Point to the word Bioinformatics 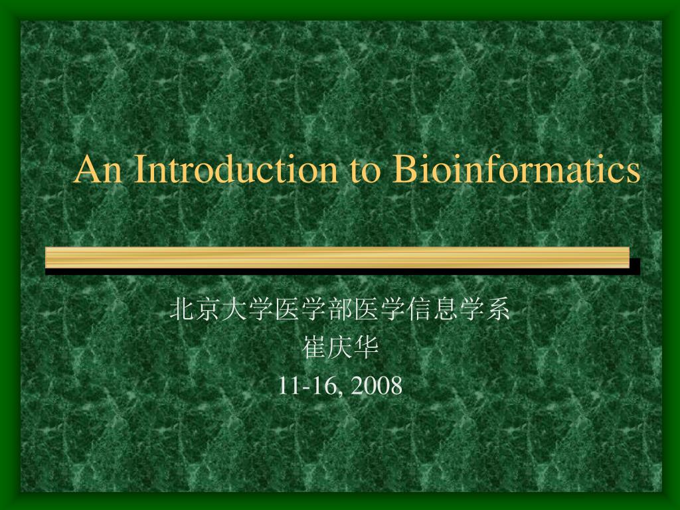[516, 170]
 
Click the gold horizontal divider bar [337, 257]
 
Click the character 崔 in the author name [314, 348]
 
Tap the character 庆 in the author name [340, 348]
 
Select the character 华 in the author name [366, 348]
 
